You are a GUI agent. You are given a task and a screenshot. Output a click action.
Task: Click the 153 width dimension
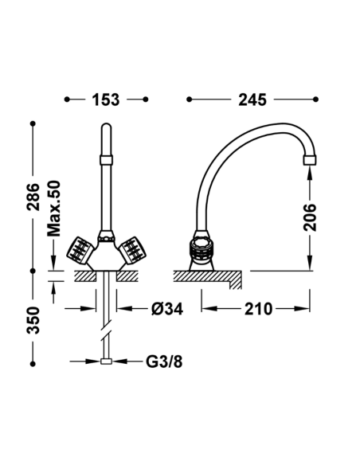[106, 100]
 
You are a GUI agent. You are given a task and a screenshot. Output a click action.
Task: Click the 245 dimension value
[252, 100]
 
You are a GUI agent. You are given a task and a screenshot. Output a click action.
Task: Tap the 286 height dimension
[33, 197]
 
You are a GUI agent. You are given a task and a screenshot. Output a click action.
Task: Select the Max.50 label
[54, 209]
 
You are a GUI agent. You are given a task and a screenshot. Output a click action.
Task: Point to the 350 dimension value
[33, 321]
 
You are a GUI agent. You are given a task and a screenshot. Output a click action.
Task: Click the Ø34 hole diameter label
[167, 309]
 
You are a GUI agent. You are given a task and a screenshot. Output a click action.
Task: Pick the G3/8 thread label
[164, 361]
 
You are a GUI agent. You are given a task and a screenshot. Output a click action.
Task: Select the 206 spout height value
[310, 217]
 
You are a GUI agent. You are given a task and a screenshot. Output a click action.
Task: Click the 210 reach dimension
[258, 309]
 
